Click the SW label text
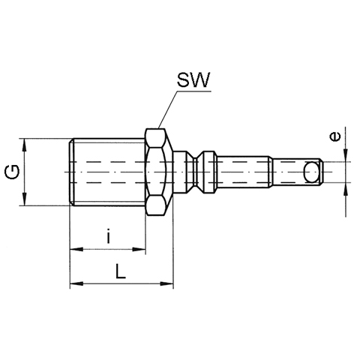point(193,80)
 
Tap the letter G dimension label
point(13,172)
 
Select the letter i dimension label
point(108,235)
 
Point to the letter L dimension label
point(121,271)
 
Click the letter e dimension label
point(335,136)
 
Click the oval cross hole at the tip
point(311,172)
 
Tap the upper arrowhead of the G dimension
point(24,145)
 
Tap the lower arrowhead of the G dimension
point(24,199)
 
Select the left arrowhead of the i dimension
point(76,249)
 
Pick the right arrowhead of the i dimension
point(139,249)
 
